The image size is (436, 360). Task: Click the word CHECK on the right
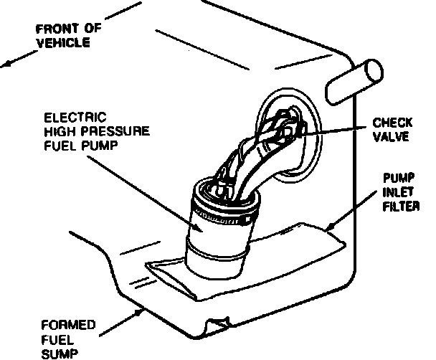point(392,123)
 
